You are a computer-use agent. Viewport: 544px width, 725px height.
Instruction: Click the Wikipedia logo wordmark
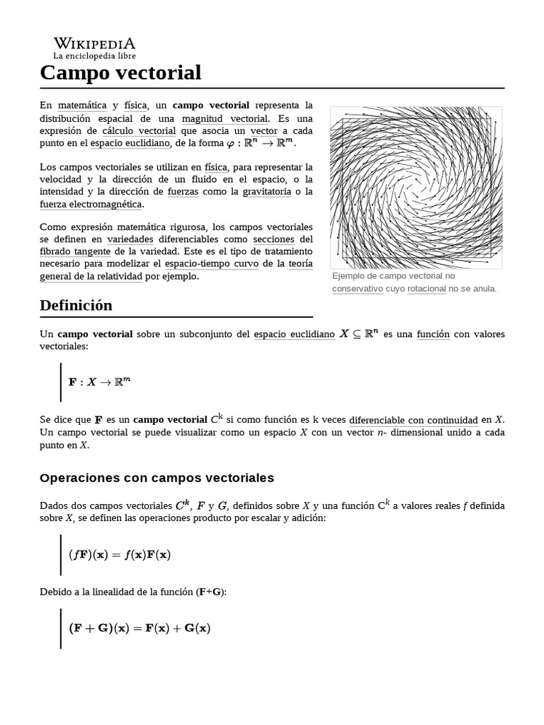pos(94,42)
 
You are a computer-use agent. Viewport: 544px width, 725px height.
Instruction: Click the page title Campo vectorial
pos(120,72)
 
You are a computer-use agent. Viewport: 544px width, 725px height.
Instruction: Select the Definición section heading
pos(76,305)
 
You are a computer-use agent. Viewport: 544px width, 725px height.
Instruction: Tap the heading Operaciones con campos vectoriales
pos(157,478)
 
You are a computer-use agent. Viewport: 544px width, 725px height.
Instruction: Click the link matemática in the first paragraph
pos(82,105)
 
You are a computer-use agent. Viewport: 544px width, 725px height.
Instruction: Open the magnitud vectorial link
pos(225,118)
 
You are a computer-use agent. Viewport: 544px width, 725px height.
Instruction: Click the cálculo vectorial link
pos(139,131)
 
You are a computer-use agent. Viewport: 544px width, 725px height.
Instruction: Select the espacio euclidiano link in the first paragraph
pos(130,144)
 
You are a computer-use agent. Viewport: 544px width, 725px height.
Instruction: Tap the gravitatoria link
pos(266,191)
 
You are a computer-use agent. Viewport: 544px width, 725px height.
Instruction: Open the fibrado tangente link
pos(74,251)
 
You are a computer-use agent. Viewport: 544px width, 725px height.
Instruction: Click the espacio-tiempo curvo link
pos(218,264)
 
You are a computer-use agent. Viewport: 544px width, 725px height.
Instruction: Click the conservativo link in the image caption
pos(358,288)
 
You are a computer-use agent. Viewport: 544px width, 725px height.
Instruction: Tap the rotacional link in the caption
pos(426,288)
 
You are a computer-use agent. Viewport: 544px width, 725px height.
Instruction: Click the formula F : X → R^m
pos(100,382)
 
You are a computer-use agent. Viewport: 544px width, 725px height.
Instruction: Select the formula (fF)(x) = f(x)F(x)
pos(120,554)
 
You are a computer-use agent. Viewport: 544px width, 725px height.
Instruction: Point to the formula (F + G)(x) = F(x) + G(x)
pos(140,628)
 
